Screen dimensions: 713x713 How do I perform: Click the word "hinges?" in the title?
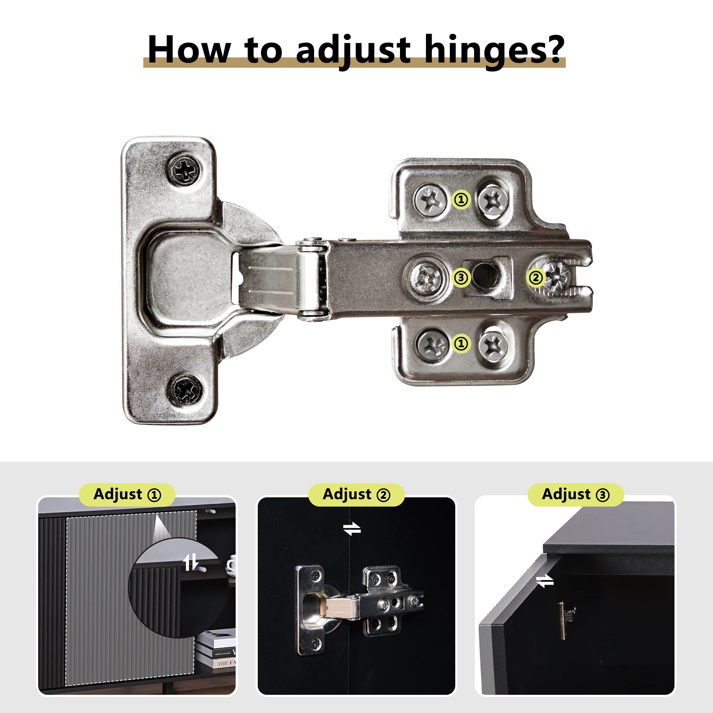tap(494, 51)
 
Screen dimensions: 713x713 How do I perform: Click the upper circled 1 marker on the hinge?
tap(461, 200)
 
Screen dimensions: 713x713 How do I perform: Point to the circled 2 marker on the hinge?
tap(536, 277)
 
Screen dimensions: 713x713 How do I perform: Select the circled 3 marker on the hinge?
tap(461, 277)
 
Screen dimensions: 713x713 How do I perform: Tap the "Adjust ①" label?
tap(127, 494)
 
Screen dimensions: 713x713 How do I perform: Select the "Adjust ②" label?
tap(356, 494)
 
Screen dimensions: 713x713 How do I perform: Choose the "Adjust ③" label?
tap(576, 494)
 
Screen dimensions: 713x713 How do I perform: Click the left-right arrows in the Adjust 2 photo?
tap(352, 529)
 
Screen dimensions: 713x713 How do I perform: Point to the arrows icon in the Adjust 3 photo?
tap(545, 581)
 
